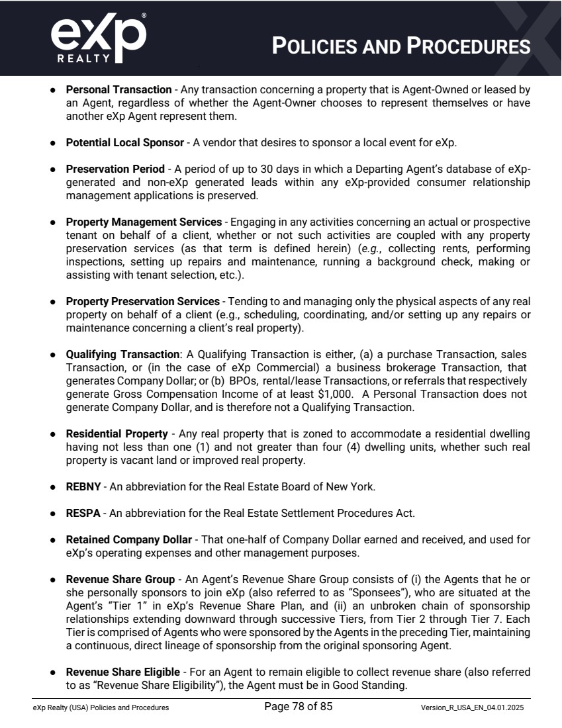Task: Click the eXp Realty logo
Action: point(98,38)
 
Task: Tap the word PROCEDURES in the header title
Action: point(469,46)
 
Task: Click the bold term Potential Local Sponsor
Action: point(124,142)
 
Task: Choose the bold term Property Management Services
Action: point(144,222)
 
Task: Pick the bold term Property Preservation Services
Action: point(142,301)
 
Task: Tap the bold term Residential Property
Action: point(117,433)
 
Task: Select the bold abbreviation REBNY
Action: point(83,486)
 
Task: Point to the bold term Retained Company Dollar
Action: point(128,539)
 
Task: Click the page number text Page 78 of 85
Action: point(298,707)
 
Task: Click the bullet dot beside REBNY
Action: point(53,487)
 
